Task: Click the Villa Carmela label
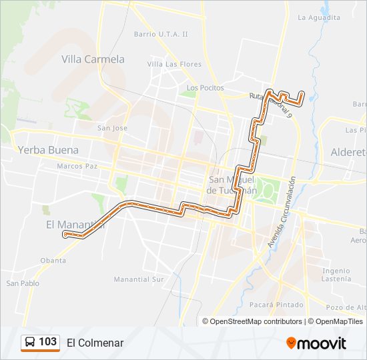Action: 93,59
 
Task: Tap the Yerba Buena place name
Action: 49,150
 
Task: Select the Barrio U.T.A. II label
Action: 161,33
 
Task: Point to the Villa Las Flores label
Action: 174,64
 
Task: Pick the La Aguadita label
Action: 318,17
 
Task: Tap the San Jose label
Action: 112,128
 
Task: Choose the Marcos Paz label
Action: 77,165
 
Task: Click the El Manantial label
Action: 71,224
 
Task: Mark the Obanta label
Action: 53,260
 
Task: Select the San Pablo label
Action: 23,283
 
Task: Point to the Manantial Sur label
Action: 138,279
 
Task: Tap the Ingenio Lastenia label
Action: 336,275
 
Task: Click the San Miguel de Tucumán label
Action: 232,185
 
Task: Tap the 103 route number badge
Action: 40,342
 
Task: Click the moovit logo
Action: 316,343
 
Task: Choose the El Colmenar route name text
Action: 95,343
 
